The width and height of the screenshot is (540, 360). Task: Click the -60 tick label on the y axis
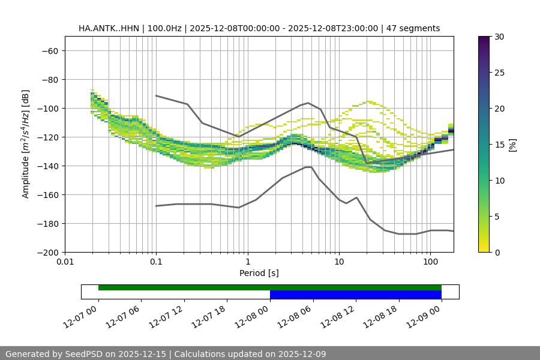(49, 50)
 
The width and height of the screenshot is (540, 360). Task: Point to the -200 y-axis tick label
(47, 252)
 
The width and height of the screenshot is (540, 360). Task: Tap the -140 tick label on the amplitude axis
(47, 166)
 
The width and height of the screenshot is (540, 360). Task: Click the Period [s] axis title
(259, 273)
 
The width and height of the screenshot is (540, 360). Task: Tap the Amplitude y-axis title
(26, 144)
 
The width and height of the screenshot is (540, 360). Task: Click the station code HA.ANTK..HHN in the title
(109, 28)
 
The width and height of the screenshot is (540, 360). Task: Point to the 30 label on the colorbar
(499, 37)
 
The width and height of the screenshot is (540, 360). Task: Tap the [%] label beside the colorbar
(512, 145)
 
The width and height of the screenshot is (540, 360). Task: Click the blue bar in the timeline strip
(355, 295)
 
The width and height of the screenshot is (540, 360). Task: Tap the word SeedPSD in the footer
(85, 354)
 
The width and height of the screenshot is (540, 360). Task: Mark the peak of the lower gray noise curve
(308, 167)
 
